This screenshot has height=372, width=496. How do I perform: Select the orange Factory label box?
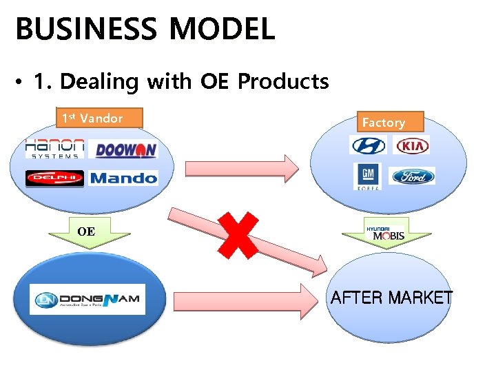pos(384,122)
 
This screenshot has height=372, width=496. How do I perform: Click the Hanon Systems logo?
pos(54,149)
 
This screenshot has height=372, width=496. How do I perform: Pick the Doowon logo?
pos(126,150)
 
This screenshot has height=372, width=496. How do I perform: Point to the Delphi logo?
pos(54,178)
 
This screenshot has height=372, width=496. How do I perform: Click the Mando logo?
pos(124,178)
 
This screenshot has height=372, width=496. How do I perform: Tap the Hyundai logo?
pos(368,145)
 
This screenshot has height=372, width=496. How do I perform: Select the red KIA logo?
pos(411,146)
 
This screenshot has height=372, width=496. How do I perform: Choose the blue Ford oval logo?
pos(413,176)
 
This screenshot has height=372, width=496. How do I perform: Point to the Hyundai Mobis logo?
pos(386,232)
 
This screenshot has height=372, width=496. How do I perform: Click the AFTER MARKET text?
pos(391,298)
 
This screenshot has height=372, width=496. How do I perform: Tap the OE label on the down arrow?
pos(86,232)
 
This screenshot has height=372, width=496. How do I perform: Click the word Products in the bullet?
pos(283,82)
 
